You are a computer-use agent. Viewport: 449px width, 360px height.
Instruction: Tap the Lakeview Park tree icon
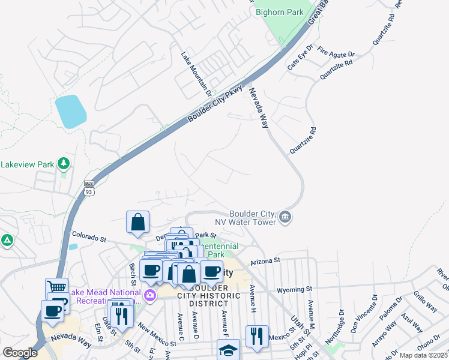(63, 163)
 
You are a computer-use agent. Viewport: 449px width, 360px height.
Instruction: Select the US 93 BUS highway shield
(88, 188)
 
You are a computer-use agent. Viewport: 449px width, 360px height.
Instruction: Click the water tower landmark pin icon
(285, 218)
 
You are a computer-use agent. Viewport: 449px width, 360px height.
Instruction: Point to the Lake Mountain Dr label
(196, 74)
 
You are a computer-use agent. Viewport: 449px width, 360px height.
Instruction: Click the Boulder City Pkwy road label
(215, 104)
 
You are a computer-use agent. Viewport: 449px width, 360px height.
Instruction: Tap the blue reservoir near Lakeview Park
(70, 111)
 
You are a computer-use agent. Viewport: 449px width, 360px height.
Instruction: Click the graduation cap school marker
(228, 350)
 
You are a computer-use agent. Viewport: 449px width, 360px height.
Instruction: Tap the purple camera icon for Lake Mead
(150, 295)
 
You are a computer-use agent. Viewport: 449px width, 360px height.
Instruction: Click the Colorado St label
(89, 238)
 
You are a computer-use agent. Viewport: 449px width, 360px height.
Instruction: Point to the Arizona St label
(265, 260)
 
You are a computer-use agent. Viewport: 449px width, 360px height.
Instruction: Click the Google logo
(20, 353)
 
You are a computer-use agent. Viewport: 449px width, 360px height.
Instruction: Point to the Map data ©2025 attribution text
(424, 355)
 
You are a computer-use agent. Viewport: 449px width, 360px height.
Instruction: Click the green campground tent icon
(7, 241)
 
